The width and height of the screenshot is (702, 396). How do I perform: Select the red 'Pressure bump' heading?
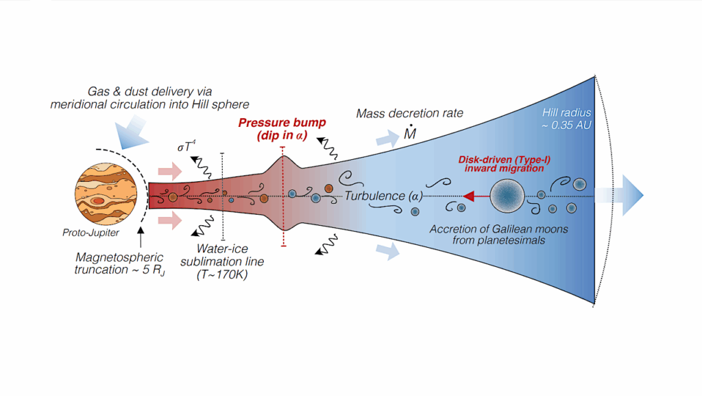[x=282, y=124]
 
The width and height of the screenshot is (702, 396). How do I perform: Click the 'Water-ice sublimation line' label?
[x=221, y=255]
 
